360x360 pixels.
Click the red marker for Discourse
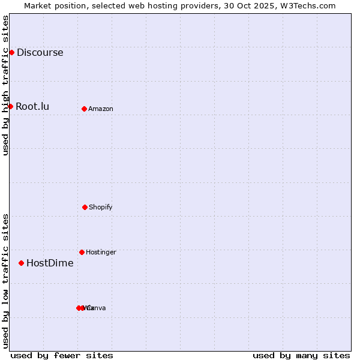11,52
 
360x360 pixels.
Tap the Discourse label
40,52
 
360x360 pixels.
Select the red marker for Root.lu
10,106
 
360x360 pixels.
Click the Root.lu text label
32,107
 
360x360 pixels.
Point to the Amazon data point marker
84,109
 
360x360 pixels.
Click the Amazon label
101,109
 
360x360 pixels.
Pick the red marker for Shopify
85,207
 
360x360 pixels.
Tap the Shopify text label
101,207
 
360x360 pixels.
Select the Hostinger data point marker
82,252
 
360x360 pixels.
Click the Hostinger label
101,252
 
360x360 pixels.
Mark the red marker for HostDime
21,263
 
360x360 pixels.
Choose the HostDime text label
50,263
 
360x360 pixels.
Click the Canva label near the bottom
97,308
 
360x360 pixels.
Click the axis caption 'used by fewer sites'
62,355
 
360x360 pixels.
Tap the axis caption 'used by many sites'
301,355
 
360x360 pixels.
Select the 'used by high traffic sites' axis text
5,85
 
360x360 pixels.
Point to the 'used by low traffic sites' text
5,281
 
